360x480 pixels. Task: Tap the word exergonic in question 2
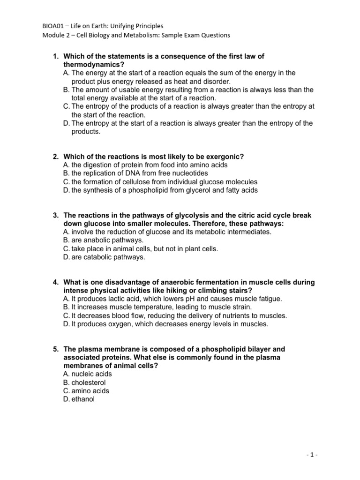pos(226,156)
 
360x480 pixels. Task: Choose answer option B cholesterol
pos(84,382)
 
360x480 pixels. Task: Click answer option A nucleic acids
pos(87,374)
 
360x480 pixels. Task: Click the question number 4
pos(55,282)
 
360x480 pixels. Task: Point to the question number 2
pos(55,156)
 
